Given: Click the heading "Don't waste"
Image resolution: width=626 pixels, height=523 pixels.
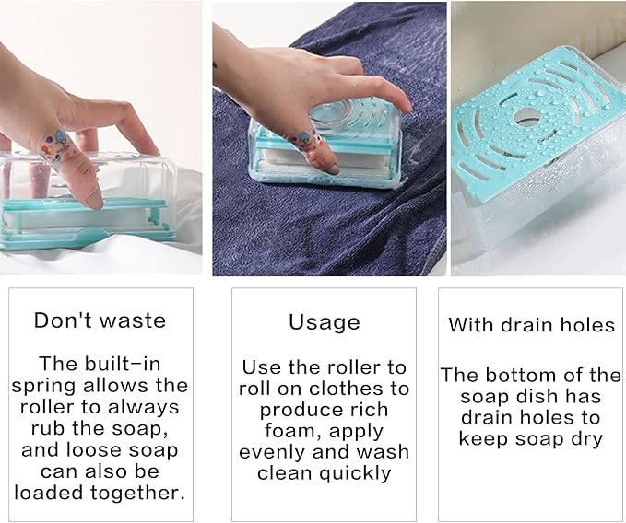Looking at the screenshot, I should pyautogui.click(x=100, y=320).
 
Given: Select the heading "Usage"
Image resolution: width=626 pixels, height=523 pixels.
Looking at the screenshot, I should pyautogui.click(x=324, y=322).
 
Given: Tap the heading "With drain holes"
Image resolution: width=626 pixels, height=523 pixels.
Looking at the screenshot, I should pyautogui.click(x=531, y=325).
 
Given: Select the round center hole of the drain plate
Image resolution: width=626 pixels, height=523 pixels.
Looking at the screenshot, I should pyautogui.click(x=526, y=119).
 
